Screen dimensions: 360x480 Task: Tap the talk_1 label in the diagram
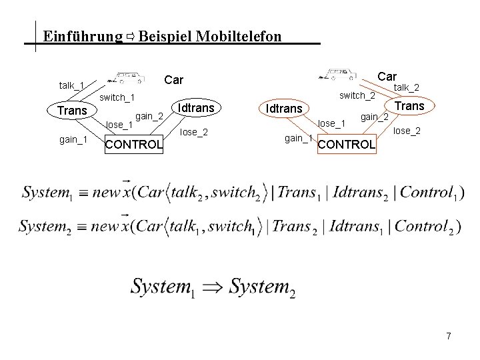[71, 85]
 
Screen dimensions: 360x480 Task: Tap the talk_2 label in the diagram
[406, 87]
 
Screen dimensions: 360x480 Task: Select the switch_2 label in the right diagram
[357, 95]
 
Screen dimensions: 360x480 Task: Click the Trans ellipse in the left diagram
[72, 110]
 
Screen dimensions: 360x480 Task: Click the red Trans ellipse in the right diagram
[409, 106]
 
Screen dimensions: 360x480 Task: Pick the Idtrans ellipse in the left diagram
[196, 107]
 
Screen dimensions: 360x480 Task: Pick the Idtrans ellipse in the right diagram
[284, 108]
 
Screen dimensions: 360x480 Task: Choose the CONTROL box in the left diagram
[134, 144]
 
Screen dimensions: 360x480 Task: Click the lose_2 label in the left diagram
[194, 132]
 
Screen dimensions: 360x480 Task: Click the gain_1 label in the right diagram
[298, 138]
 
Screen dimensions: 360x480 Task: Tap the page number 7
[449, 337]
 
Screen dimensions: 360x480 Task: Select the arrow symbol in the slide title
[131, 37]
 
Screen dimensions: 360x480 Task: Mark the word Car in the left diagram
[173, 80]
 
